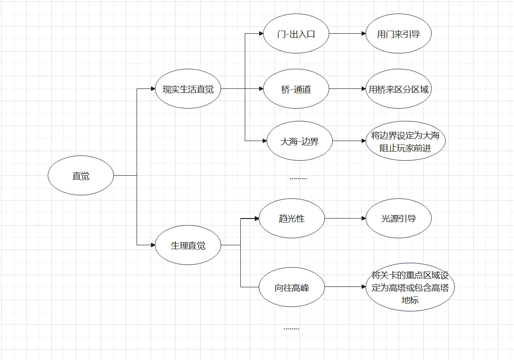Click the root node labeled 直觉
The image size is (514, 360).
(x=81, y=176)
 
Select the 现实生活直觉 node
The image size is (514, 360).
(x=188, y=89)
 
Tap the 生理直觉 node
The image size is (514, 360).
(x=188, y=245)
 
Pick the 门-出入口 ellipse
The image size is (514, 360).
(x=296, y=33)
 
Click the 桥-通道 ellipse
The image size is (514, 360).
(x=296, y=89)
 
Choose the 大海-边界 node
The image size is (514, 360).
(x=299, y=141)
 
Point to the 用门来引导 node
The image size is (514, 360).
(x=398, y=33)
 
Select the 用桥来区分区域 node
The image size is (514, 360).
(x=398, y=89)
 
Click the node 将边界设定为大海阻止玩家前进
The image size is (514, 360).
(x=405, y=141)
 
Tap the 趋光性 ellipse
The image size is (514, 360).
(x=292, y=219)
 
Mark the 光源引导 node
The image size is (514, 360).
(x=398, y=219)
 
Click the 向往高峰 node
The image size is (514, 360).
(x=292, y=287)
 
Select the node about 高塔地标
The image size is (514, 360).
(x=410, y=287)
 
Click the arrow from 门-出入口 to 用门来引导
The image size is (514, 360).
(x=348, y=33)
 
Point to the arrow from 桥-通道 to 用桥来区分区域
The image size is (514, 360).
(x=348, y=89)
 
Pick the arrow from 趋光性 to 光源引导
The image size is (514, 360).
(x=345, y=219)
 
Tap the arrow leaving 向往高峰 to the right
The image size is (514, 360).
(x=345, y=287)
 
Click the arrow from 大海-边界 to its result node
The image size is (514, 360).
(x=349, y=141)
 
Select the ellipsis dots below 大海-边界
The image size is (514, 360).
(x=298, y=179)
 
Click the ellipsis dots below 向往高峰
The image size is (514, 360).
(x=292, y=328)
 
